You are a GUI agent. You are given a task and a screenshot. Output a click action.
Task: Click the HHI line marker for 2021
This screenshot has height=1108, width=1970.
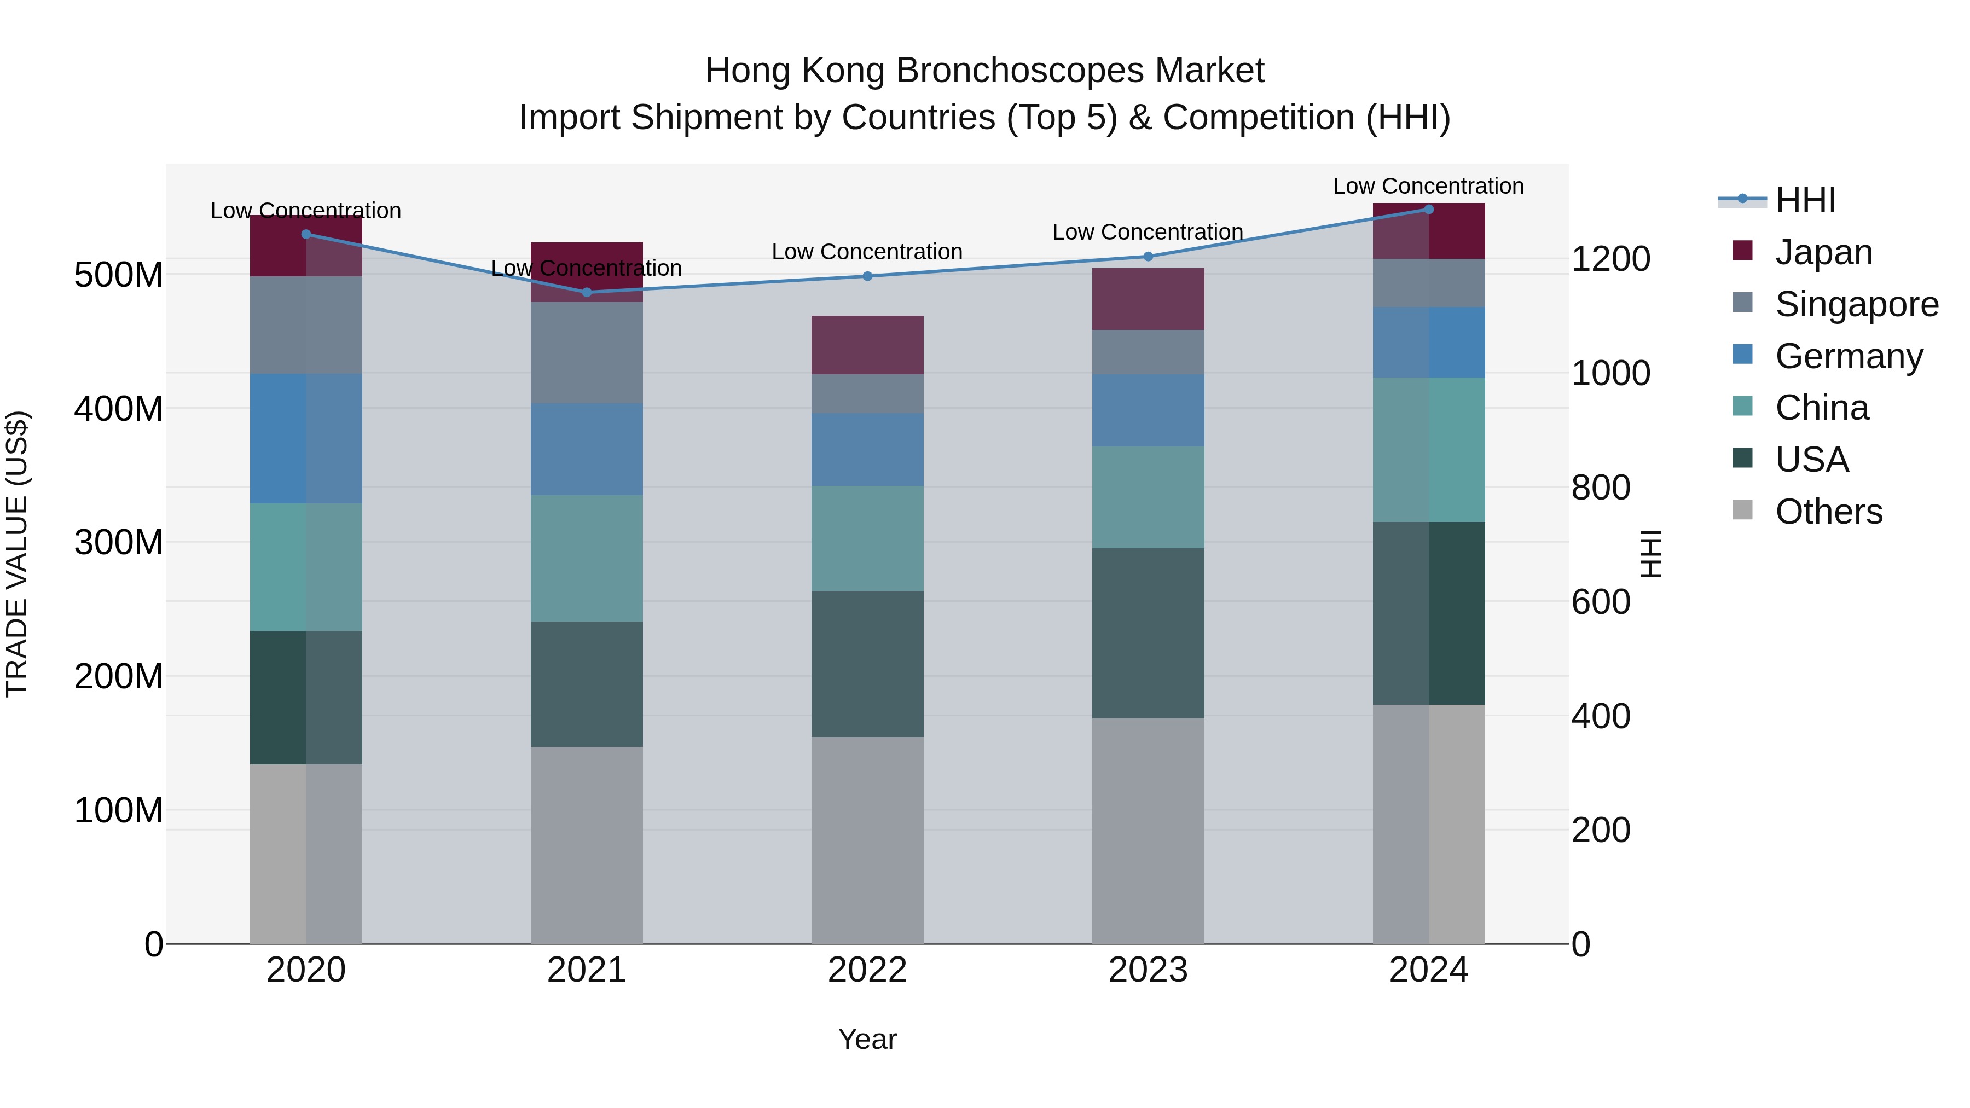(x=587, y=292)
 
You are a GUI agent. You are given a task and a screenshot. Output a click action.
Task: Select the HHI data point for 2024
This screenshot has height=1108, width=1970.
(x=1429, y=210)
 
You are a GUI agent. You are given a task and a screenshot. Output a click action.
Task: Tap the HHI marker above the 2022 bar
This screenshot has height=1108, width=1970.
(x=867, y=276)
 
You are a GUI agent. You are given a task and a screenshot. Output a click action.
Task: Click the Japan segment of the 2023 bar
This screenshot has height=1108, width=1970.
(x=1148, y=299)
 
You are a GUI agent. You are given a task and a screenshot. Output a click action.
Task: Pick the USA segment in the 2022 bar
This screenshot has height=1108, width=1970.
(x=867, y=664)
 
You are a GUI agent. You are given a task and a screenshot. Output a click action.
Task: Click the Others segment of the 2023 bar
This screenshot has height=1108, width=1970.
(x=1148, y=831)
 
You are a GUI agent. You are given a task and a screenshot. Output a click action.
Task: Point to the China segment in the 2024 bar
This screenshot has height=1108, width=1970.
(x=1429, y=450)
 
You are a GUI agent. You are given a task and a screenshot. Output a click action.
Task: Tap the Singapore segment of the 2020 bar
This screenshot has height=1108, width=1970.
(x=306, y=325)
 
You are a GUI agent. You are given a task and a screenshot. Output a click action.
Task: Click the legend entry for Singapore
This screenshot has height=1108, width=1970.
(x=1856, y=304)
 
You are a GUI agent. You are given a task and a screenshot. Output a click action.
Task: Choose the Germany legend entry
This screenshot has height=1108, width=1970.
(x=1849, y=356)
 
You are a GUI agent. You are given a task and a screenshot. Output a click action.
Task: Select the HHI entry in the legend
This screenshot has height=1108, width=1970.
(x=1805, y=200)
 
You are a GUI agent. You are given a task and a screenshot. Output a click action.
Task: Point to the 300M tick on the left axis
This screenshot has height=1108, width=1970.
(x=119, y=543)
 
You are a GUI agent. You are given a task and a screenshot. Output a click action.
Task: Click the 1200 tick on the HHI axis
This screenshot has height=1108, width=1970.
(x=1610, y=259)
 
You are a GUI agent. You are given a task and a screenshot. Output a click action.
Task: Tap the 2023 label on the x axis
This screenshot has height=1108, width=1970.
(x=1148, y=970)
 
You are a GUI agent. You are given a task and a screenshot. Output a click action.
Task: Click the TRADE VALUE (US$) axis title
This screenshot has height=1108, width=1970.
(x=17, y=554)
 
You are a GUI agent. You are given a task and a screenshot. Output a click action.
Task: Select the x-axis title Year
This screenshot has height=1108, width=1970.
(x=867, y=1039)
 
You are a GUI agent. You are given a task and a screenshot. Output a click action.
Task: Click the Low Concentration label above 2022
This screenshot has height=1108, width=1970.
(x=867, y=252)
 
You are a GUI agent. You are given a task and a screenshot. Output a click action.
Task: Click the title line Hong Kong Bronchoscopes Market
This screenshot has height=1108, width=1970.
(x=984, y=71)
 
